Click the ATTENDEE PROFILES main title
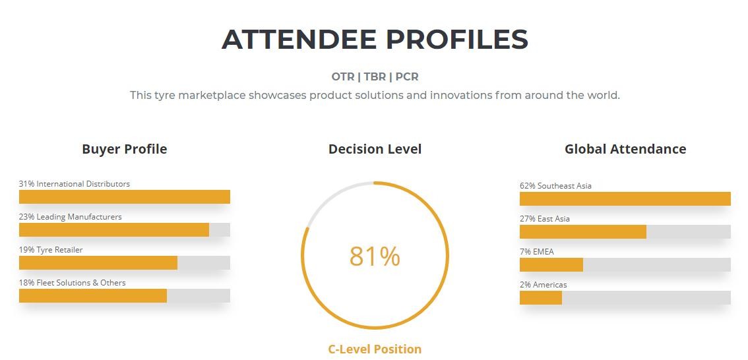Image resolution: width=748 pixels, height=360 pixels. pyautogui.click(x=375, y=39)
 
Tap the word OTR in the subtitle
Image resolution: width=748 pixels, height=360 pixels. pyautogui.click(x=343, y=76)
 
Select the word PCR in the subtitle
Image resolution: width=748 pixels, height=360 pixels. pyautogui.click(x=407, y=76)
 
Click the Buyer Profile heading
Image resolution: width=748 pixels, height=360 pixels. pyautogui.click(x=125, y=149)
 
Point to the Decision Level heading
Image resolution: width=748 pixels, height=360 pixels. pyautogui.click(x=375, y=149)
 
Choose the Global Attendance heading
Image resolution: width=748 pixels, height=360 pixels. pyautogui.click(x=625, y=149)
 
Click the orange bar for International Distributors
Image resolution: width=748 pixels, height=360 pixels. pyautogui.click(x=125, y=197)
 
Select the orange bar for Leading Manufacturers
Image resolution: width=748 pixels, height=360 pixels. pyautogui.click(x=114, y=230)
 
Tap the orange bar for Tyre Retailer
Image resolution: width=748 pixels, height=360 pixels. pyautogui.click(x=98, y=262)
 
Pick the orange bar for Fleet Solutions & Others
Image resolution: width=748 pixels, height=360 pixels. pyautogui.click(x=93, y=295)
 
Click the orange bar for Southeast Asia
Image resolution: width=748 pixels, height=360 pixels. pyautogui.click(x=625, y=199)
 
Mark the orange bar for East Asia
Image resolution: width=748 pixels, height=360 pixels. pyautogui.click(x=583, y=231)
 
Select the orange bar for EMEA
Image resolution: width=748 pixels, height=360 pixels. pyautogui.click(x=551, y=264)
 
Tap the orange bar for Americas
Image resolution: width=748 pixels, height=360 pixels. pyautogui.click(x=541, y=297)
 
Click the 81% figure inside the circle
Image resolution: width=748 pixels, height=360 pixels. pyautogui.click(x=375, y=256)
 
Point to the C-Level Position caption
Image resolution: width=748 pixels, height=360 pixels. pyautogui.click(x=375, y=349)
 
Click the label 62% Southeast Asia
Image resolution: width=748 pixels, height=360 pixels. pyautogui.click(x=556, y=186)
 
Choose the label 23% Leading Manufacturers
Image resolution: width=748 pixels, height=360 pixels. pyautogui.click(x=70, y=217)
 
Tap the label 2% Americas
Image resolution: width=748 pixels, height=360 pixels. pyautogui.click(x=544, y=285)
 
